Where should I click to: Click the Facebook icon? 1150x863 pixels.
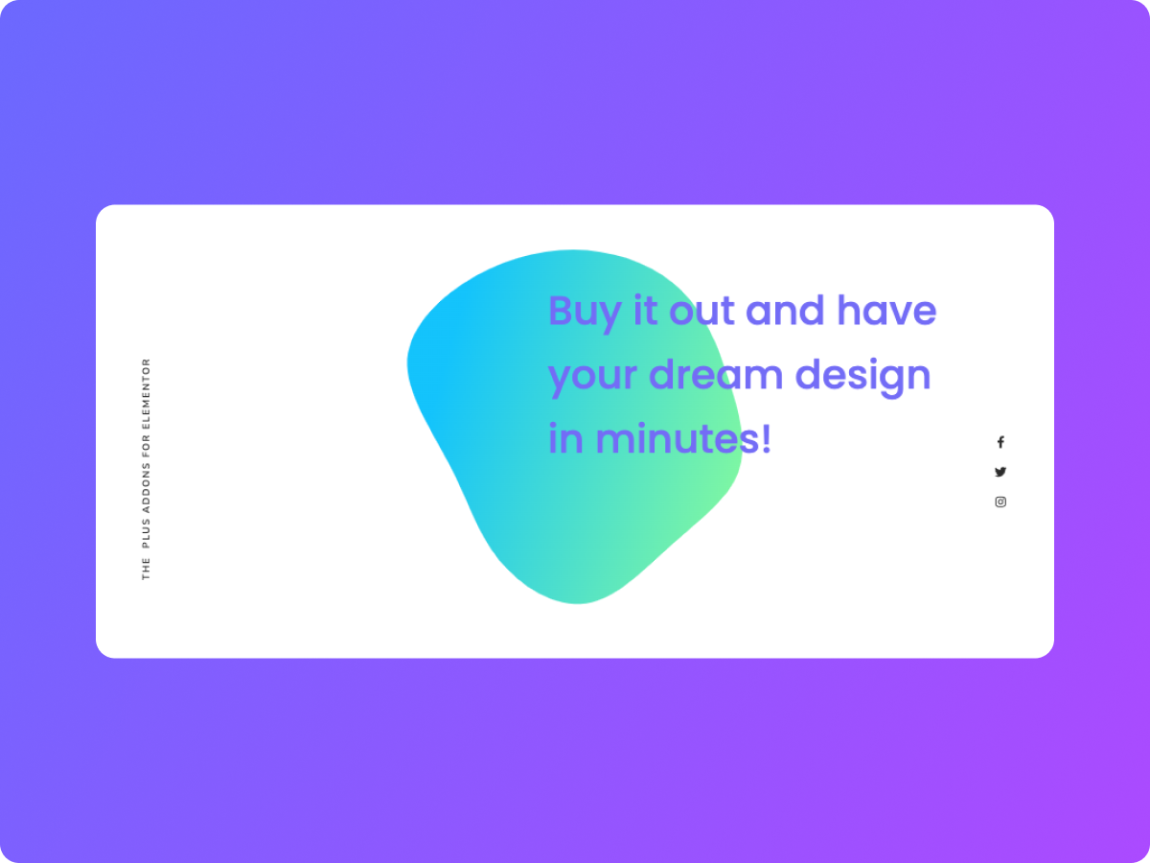[x=1000, y=442]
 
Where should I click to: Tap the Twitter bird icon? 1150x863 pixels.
[x=1000, y=472]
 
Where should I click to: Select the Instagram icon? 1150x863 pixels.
[x=1000, y=501]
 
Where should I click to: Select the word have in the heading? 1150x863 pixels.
[x=886, y=311]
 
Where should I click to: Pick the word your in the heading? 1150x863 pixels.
[x=593, y=376]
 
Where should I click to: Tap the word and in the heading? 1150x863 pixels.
[x=785, y=311]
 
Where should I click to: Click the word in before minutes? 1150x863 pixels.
[x=565, y=438]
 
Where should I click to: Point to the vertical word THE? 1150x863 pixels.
[x=147, y=571]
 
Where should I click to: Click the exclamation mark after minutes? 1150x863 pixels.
[x=765, y=438]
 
